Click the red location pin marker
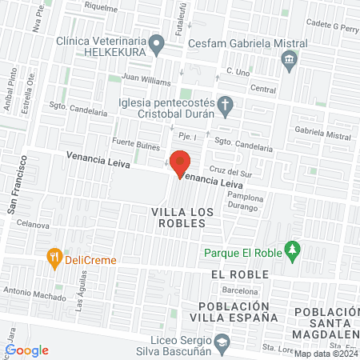(x=180, y=162)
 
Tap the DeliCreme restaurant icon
(x=54, y=258)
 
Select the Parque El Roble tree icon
(x=294, y=250)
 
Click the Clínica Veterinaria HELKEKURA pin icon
(x=159, y=47)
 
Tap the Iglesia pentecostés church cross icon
(x=226, y=105)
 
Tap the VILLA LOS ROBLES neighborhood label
(x=178, y=218)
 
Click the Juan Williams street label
(x=146, y=82)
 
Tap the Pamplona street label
(x=244, y=195)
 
